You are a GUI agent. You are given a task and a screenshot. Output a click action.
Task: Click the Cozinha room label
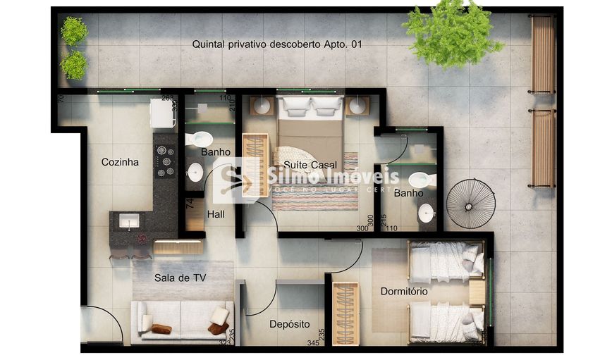click(120, 162)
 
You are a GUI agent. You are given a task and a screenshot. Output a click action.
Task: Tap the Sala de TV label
click(180, 278)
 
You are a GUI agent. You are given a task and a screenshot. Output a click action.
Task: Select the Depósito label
click(289, 324)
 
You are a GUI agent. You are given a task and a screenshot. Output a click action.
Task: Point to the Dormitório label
click(404, 291)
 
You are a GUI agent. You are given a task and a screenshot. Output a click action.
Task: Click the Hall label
click(216, 214)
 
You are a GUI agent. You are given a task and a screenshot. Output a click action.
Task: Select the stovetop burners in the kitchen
click(165, 161)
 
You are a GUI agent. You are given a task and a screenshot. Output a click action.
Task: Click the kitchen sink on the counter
click(129, 221)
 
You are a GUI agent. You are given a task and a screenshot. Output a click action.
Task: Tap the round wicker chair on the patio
click(470, 204)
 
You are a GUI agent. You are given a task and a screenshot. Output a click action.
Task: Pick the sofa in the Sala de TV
click(182, 321)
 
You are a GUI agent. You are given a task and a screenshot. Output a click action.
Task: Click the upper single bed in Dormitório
click(446, 261)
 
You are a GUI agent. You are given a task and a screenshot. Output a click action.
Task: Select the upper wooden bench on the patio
click(543, 54)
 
